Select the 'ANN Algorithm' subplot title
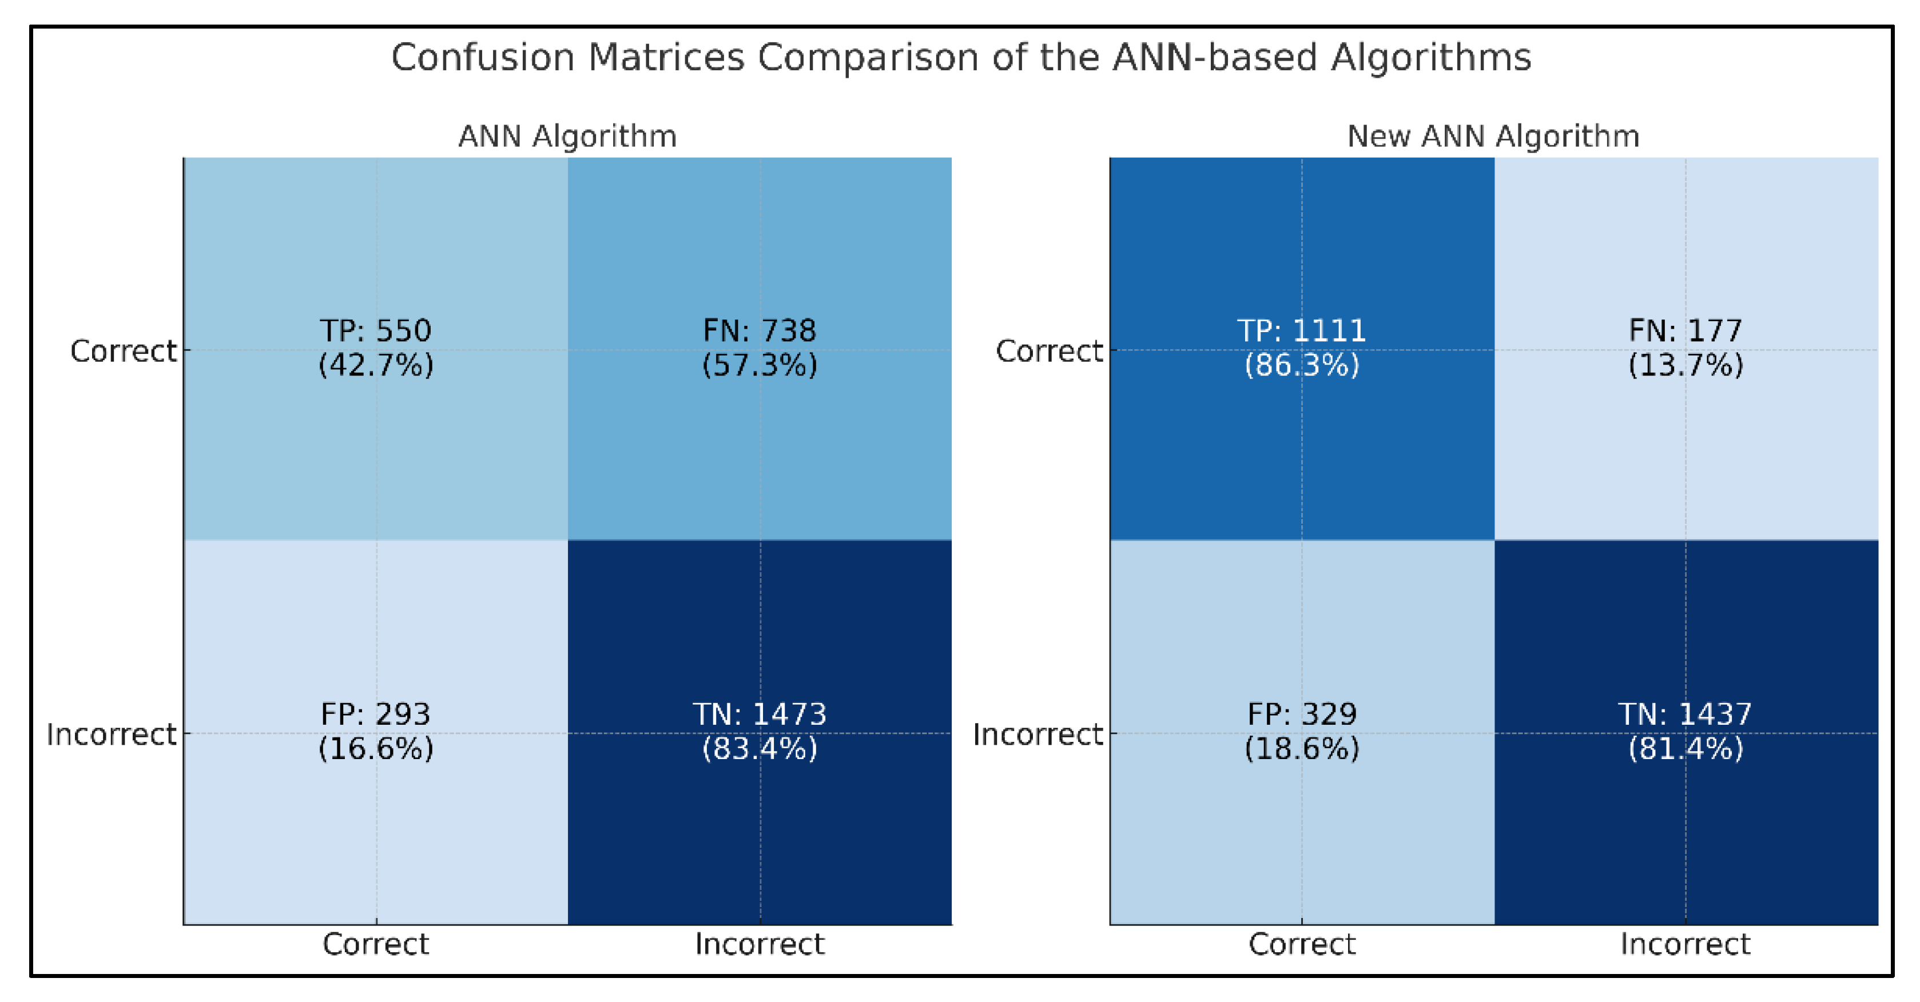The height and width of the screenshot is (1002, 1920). tap(567, 137)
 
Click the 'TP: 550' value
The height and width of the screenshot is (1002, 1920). tap(376, 330)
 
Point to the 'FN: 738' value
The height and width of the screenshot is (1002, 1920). tap(760, 330)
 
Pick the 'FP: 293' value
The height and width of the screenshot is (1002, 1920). tap(376, 714)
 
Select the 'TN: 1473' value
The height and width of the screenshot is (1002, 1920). tap(760, 714)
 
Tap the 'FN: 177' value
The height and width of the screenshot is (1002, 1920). tap(1685, 330)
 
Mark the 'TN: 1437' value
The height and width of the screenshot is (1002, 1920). tap(1685, 714)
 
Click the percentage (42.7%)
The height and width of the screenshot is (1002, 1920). tap(376, 365)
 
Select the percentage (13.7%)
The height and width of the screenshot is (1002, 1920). tap(1685, 365)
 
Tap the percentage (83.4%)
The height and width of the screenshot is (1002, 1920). tap(760, 748)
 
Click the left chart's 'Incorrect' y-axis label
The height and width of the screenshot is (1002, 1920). tap(111, 734)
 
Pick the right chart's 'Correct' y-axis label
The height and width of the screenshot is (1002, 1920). tap(1049, 351)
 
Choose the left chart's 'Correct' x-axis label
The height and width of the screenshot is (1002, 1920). tap(376, 944)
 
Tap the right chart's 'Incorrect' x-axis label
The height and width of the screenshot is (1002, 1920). tap(1685, 944)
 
